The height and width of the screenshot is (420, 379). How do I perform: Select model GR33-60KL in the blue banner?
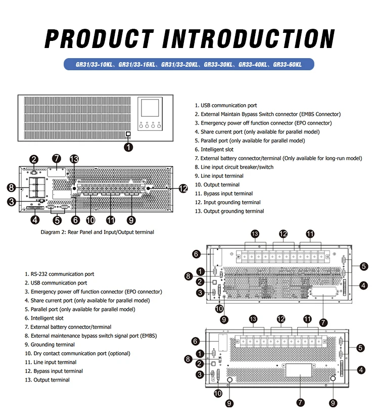287,65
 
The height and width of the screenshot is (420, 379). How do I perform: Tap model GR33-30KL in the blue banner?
218,65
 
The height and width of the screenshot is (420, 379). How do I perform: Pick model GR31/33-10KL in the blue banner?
95,65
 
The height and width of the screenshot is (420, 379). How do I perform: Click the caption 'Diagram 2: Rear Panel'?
97,232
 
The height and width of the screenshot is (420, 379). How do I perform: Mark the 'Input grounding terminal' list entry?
231,202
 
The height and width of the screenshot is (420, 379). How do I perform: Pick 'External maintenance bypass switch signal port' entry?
93,336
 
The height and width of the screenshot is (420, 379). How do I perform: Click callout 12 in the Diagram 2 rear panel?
183,189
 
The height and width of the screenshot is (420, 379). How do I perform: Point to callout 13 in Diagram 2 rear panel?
74,159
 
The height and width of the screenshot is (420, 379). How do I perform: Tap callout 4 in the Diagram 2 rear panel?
35,219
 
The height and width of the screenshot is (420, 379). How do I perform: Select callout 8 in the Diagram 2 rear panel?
11,188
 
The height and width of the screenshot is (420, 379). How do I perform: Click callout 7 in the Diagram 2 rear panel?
57,158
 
